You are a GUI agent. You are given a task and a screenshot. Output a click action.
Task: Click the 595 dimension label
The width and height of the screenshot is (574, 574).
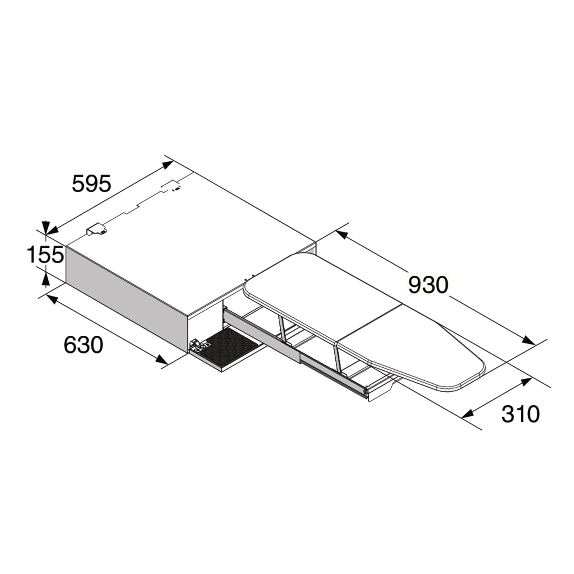pos(91,183)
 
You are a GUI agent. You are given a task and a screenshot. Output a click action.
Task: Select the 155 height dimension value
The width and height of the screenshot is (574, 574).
pos(45,254)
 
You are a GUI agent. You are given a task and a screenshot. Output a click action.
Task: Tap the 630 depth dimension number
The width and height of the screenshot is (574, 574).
pos(83,345)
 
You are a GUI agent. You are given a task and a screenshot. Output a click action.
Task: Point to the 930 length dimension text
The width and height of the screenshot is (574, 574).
pos(428,285)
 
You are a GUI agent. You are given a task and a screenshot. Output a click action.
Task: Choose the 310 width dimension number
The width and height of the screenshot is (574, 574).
pos(520,414)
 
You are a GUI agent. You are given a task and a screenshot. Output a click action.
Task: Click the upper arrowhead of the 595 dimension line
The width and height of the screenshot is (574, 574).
pos(168,165)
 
